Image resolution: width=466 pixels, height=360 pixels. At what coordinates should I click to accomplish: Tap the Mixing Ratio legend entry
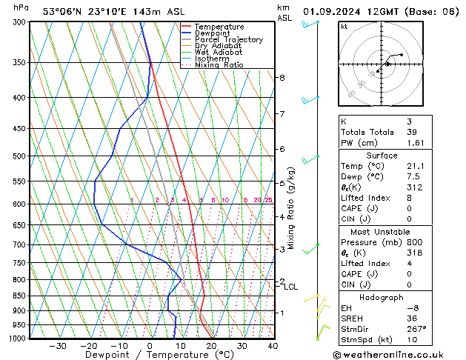(x=219, y=65)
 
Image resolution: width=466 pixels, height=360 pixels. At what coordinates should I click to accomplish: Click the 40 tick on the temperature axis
(x=273, y=346)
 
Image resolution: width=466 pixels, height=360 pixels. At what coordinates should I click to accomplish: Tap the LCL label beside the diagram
(x=291, y=287)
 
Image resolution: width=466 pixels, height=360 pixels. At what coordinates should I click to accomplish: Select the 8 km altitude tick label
(x=282, y=78)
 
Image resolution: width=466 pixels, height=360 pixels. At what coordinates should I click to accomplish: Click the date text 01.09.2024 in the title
(x=334, y=11)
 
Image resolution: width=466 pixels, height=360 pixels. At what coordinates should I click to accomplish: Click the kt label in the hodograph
(x=344, y=27)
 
